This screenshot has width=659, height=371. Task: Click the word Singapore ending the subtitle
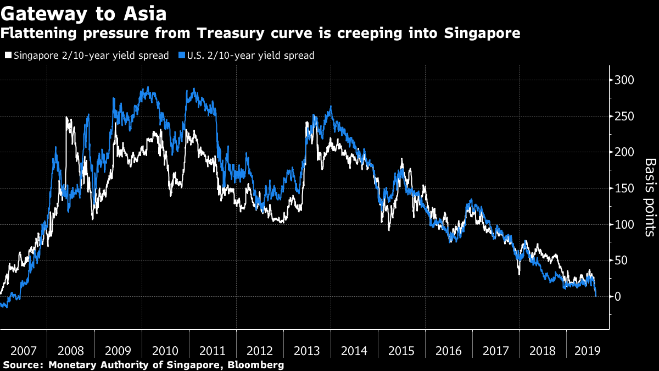(481, 34)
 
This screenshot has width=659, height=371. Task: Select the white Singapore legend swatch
(8, 56)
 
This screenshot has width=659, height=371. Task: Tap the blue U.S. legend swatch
(182, 56)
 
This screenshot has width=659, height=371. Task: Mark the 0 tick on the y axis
(618, 297)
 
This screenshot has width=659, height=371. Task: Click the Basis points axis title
(650, 197)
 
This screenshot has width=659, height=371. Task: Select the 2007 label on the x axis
(23, 350)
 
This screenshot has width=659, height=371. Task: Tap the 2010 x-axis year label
(165, 350)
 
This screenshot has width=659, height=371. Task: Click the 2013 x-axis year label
(307, 350)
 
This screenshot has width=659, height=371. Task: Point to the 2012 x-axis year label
(260, 350)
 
